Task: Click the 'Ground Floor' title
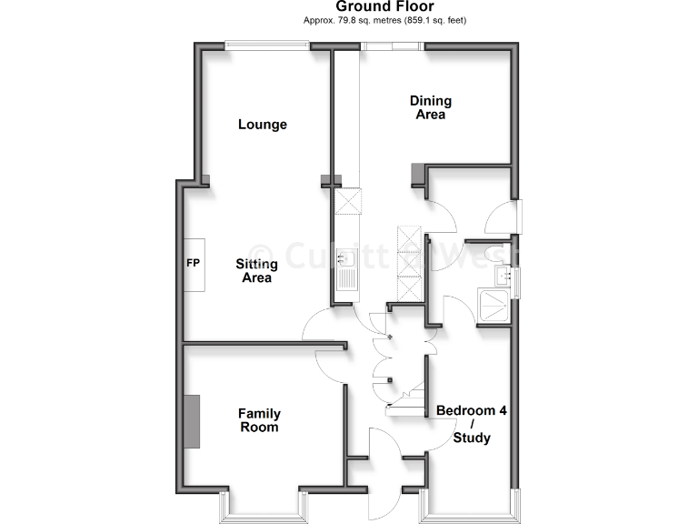click(386, 7)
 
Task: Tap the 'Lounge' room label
click(263, 125)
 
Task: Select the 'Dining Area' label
click(430, 107)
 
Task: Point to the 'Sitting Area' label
click(255, 271)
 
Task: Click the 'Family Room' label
click(258, 419)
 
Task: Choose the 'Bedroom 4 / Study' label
click(472, 424)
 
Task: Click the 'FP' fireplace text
click(193, 264)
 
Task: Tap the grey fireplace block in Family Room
click(192, 421)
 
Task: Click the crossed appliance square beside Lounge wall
click(347, 201)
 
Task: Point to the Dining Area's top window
click(391, 46)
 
